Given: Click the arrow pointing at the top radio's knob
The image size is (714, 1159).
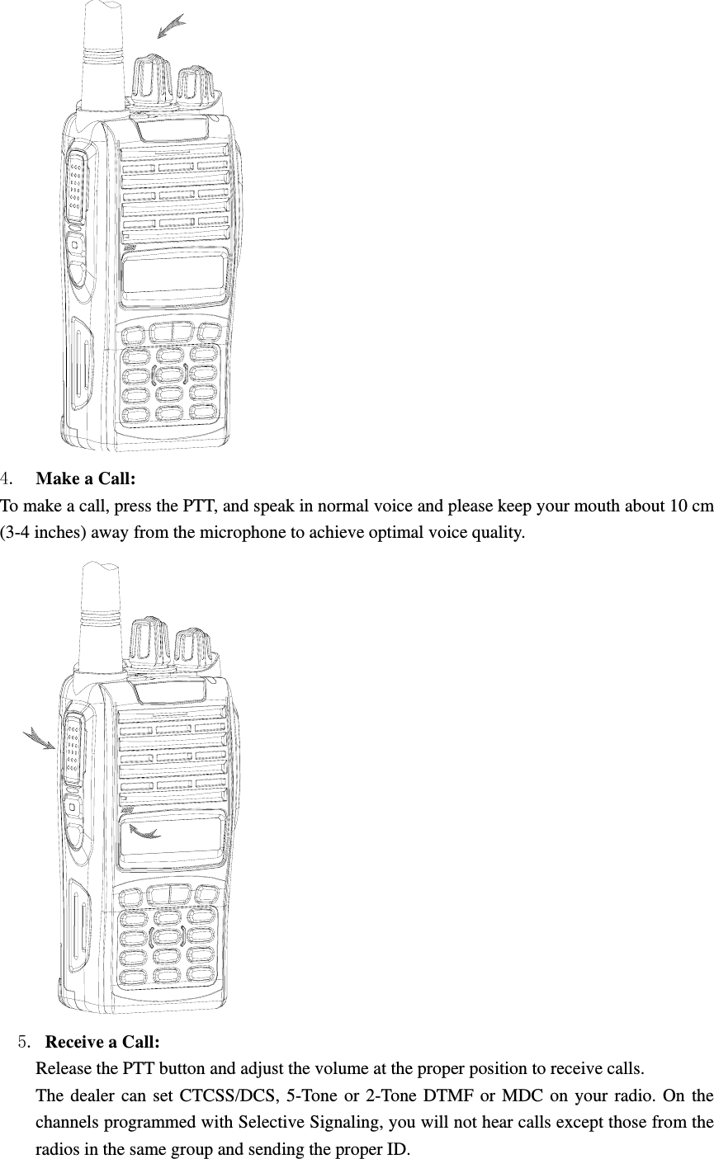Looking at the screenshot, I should (171, 27).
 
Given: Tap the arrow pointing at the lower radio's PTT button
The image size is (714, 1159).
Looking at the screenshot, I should (40, 737).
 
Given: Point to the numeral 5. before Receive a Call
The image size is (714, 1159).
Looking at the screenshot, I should (25, 1041).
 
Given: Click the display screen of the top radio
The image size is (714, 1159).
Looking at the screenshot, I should (175, 277).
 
